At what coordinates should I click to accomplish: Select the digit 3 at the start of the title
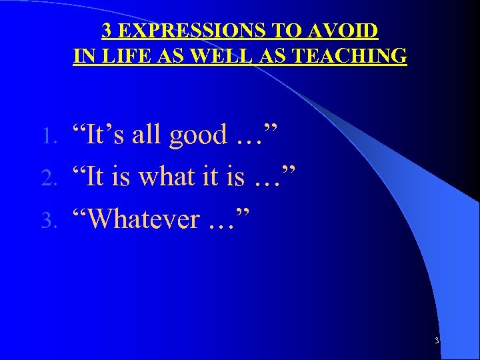click(x=107, y=31)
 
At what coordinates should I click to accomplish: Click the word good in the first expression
click(x=198, y=135)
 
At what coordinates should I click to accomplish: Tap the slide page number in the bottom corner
click(x=436, y=341)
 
